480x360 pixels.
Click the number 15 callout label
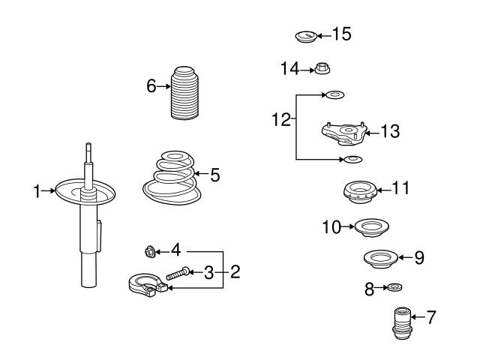coord(342,34)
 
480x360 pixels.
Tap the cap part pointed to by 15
coord(306,37)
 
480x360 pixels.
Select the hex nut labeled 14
coord(322,68)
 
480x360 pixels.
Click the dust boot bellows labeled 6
coord(184,92)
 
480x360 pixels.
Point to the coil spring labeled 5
coord(172,178)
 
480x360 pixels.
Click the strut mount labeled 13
coord(344,133)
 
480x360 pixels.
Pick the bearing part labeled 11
coord(359,193)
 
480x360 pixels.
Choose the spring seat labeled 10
coord(372,228)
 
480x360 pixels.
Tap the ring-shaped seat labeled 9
coord(380,259)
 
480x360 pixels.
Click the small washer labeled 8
coord(394,287)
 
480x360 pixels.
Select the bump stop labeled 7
coord(402,324)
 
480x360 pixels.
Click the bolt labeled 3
coord(178,273)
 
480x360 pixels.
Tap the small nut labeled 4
coord(150,252)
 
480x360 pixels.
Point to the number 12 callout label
coord(281,119)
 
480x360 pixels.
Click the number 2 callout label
coord(235,271)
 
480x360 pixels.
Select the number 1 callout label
coord(37,191)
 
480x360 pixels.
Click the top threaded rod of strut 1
coord(88,153)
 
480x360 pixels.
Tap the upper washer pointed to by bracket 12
coord(335,95)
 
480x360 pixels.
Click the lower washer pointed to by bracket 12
coord(353,159)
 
